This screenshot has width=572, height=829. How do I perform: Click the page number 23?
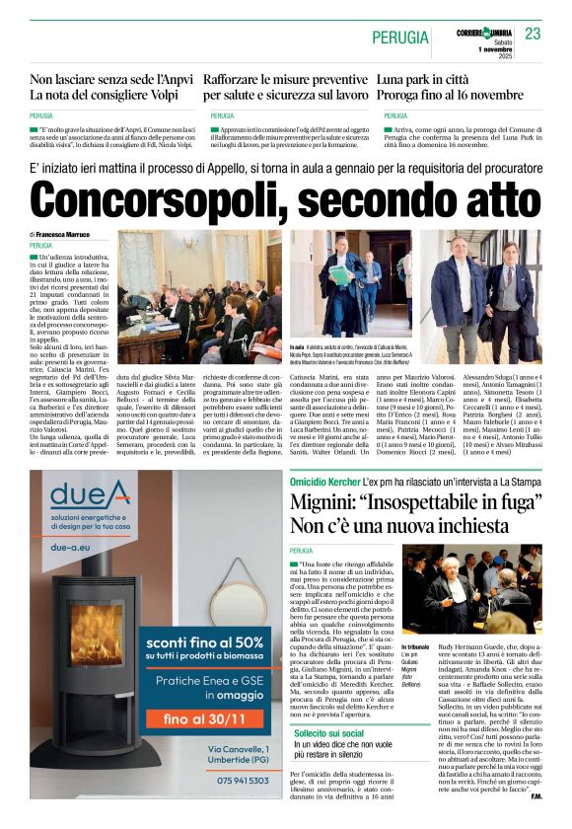533,34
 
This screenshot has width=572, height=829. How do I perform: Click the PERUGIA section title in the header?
400,38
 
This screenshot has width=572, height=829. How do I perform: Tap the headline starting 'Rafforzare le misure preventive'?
287,78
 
